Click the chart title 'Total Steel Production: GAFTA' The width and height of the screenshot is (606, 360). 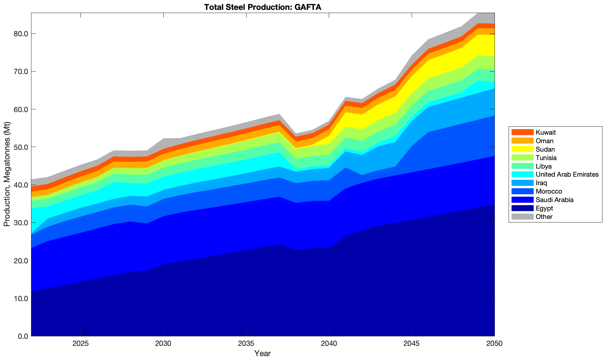[x=262, y=7]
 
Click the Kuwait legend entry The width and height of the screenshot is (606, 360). [x=545, y=133]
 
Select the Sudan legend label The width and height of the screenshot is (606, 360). [x=545, y=150]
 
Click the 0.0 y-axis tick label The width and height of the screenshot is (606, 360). [x=22, y=336]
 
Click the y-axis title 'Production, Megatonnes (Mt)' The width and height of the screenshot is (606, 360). [x=7, y=174]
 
